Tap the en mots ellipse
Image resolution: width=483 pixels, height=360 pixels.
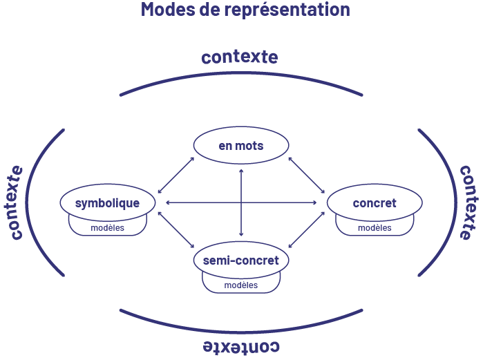click(241, 146)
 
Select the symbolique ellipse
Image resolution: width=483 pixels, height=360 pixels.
click(107, 202)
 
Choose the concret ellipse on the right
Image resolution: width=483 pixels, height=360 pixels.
click(375, 202)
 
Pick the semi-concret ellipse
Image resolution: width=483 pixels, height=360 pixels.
click(241, 260)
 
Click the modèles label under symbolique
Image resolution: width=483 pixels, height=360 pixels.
click(107, 227)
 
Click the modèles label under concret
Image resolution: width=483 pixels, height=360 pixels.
click(375, 227)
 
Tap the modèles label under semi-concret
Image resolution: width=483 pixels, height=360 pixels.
click(241, 285)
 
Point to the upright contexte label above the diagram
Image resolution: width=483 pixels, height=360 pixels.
click(240, 57)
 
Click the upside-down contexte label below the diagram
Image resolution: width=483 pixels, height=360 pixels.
click(241, 345)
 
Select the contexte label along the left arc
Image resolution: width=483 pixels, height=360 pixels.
click(16, 202)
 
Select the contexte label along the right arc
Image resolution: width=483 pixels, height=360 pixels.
click(466, 202)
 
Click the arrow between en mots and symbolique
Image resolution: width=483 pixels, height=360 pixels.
click(176, 175)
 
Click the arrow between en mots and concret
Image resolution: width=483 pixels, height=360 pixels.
click(306, 175)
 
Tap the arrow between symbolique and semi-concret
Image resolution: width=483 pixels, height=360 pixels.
click(176, 229)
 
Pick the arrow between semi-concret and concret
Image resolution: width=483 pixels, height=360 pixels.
click(306, 229)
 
